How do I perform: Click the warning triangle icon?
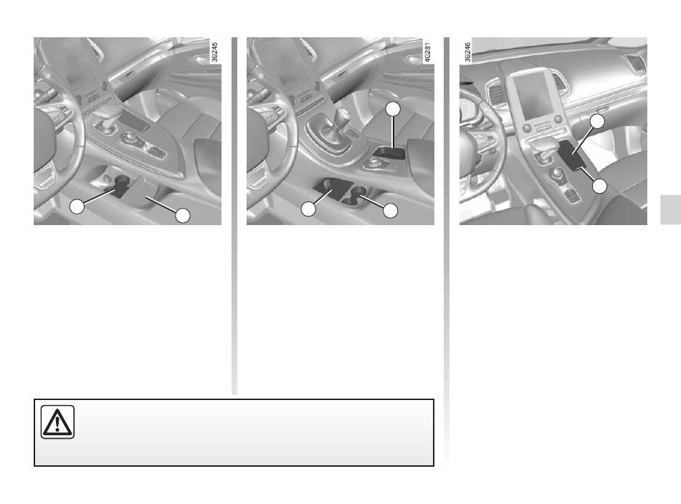(x=57, y=422)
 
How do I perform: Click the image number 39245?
(x=214, y=52)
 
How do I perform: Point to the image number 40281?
(x=427, y=52)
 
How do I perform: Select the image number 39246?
(x=467, y=52)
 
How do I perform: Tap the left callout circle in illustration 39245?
(x=77, y=206)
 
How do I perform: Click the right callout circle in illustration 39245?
(x=183, y=216)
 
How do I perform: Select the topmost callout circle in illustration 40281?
(x=393, y=109)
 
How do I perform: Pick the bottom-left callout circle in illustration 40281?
(x=308, y=209)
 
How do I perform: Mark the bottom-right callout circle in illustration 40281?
(x=391, y=211)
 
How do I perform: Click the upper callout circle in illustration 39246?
(x=597, y=122)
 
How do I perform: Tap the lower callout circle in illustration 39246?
(x=600, y=186)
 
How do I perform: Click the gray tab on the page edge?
(x=670, y=210)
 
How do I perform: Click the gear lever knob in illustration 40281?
(x=343, y=115)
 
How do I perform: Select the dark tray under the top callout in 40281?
(x=389, y=153)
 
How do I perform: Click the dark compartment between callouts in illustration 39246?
(x=571, y=155)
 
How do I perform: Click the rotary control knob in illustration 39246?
(x=556, y=176)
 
